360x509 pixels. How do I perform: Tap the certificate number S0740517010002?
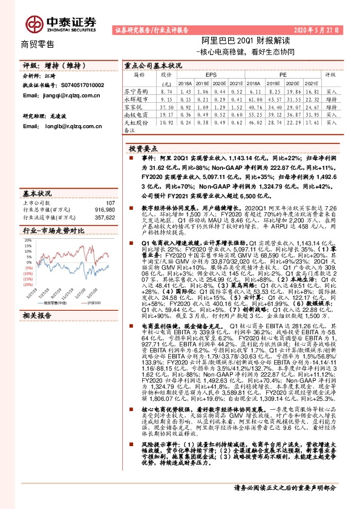click(80, 86)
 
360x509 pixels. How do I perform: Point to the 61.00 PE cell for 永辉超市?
click(252, 98)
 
